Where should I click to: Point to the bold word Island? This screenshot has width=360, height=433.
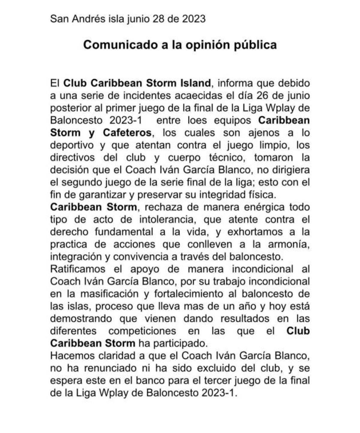click(x=195, y=83)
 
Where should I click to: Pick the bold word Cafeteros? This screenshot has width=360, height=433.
click(x=127, y=132)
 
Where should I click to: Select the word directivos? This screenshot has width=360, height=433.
click(x=72, y=157)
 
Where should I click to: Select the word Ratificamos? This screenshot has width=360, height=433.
click(x=78, y=269)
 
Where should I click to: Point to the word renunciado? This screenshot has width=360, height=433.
click(x=109, y=368)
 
